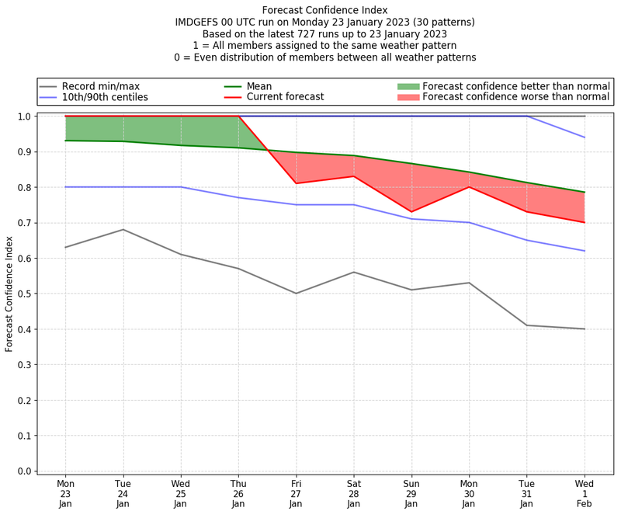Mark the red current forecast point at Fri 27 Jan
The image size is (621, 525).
[x=296, y=183]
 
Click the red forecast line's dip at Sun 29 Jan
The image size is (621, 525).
[x=411, y=212]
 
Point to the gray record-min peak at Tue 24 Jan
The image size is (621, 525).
[x=123, y=229]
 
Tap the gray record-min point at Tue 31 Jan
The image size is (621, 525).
[x=527, y=325]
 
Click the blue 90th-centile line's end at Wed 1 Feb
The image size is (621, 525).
[x=585, y=137]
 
